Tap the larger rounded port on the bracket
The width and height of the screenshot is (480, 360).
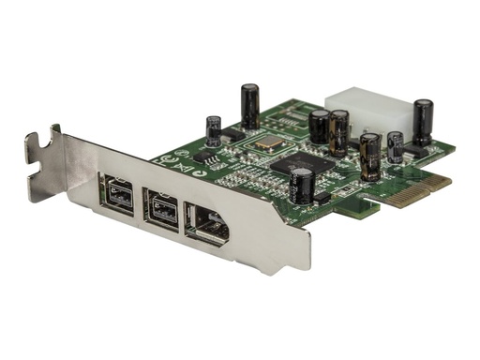click(210, 222)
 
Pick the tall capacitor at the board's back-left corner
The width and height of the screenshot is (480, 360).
click(249, 106)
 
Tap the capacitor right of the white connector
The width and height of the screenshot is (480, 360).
click(423, 121)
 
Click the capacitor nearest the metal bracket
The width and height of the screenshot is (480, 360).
click(306, 186)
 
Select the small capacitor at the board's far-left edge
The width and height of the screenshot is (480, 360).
click(214, 130)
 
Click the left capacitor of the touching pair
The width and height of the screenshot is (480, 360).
click(321, 126)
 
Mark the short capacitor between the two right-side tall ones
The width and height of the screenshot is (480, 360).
click(395, 147)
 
